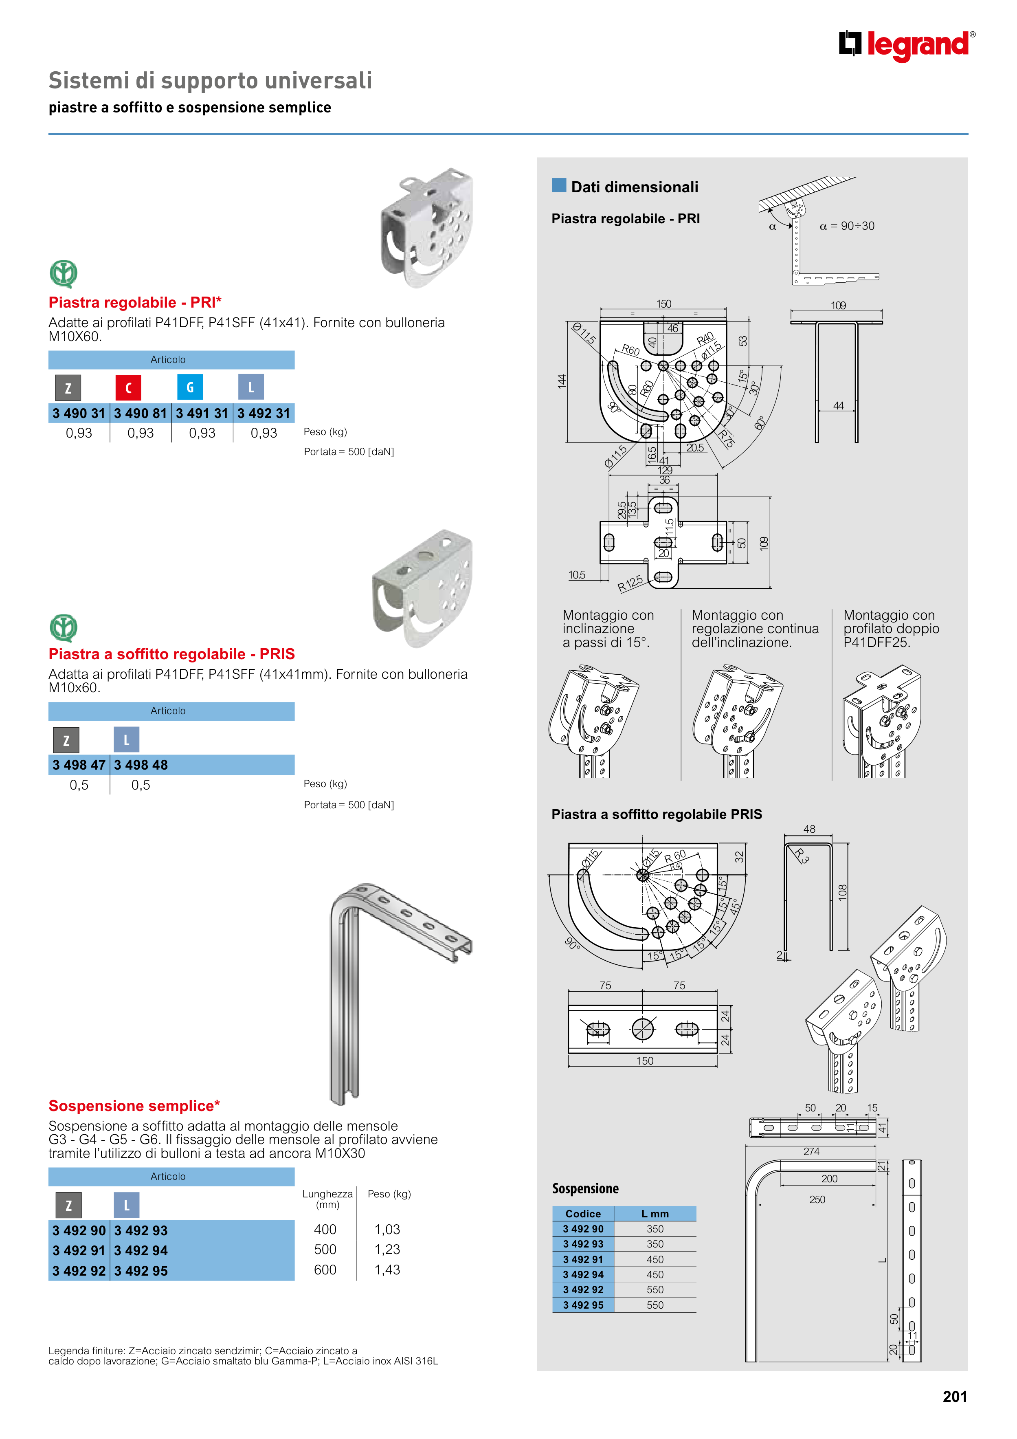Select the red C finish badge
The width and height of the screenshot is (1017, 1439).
coord(128,387)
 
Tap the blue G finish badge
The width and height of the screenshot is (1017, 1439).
coord(190,387)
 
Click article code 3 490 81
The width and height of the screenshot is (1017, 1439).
coord(141,414)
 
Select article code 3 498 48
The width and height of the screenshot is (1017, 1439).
coord(141,765)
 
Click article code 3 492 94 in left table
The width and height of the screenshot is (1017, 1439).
coord(141,1250)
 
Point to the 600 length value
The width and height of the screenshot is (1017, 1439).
coord(325,1270)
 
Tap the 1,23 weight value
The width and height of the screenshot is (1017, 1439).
coord(387,1250)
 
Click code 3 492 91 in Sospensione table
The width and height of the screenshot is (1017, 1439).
coord(583,1259)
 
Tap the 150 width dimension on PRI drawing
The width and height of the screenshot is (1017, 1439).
coord(663,304)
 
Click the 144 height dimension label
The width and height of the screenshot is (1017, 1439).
coord(562,381)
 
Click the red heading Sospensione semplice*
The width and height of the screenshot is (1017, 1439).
coord(134,1106)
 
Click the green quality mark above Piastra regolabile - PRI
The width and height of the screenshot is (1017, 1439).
coord(63,274)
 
